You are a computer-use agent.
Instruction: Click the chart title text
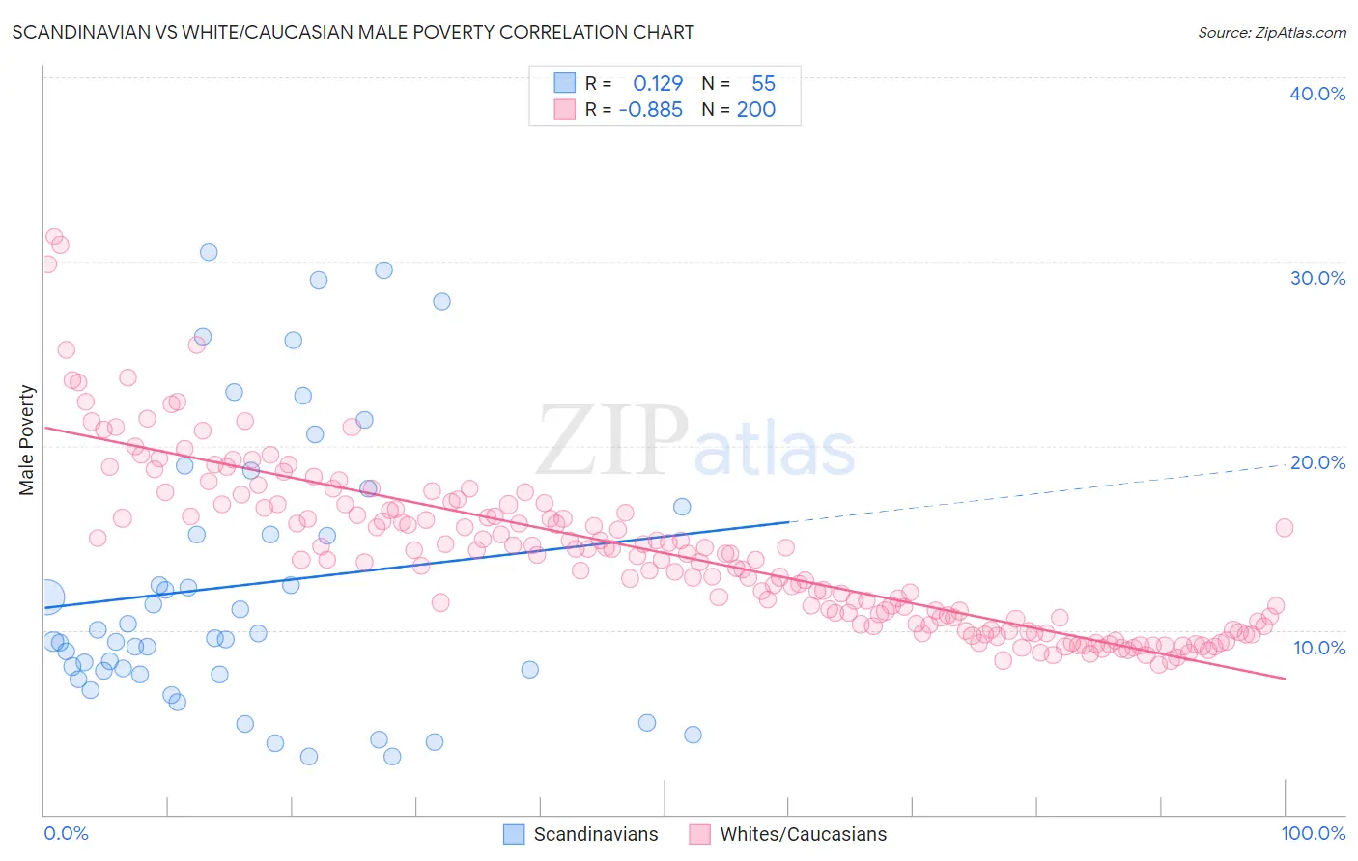coord(353,32)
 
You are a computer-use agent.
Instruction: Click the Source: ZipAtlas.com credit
coord(1271,33)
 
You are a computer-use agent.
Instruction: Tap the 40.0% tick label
coord(1317,94)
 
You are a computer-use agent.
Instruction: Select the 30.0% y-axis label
coord(1317,278)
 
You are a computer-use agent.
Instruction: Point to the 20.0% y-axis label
coord(1317,462)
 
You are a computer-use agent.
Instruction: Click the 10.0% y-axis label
coord(1319,648)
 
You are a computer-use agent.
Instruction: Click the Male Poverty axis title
coord(27,440)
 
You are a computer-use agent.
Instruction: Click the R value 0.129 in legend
coord(658,84)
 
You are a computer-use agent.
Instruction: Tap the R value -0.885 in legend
coord(651,110)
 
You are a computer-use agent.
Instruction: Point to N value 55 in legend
coord(763,84)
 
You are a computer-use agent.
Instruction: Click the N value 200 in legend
coord(755,110)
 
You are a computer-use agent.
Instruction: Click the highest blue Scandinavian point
coord(209,252)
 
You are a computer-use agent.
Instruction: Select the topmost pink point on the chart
coord(54,236)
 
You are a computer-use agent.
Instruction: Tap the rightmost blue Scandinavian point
coord(693,735)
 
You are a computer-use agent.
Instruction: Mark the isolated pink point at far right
coord(1284,528)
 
